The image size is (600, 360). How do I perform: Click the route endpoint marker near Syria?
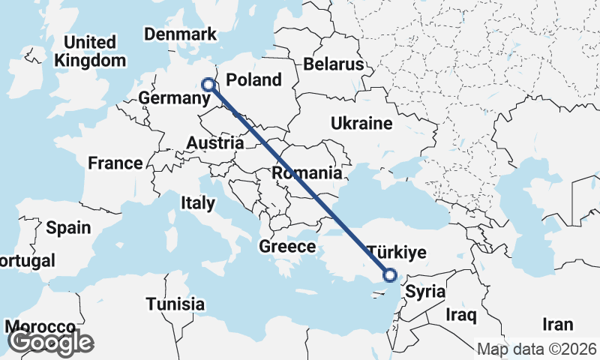(x=390, y=274)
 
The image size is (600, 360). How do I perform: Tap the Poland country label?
(x=253, y=80)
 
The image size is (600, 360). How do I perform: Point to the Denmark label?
(x=180, y=34)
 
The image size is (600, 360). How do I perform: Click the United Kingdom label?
(x=90, y=51)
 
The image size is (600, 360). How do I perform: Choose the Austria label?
(x=214, y=142)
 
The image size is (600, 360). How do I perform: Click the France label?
(x=115, y=163)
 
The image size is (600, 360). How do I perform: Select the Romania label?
(x=307, y=173)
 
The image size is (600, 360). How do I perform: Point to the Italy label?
(x=198, y=202)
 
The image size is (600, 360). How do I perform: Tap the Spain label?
(x=68, y=228)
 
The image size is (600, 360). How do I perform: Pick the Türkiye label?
(x=396, y=251)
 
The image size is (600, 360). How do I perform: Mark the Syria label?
(x=424, y=292)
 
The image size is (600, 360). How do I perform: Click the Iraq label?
(x=460, y=314)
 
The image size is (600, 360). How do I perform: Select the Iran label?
(x=559, y=325)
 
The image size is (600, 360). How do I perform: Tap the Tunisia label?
(x=175, y=304)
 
